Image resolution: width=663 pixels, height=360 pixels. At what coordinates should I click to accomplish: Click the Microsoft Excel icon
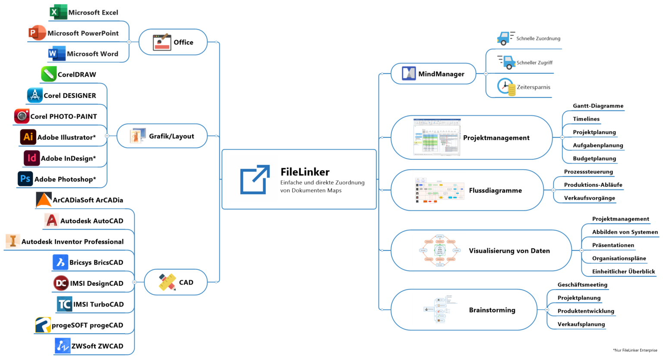pos(58,12)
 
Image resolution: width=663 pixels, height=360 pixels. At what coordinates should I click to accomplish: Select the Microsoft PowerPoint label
pos(83,33)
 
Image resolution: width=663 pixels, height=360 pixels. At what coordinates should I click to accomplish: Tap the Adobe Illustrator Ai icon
pos(28,137)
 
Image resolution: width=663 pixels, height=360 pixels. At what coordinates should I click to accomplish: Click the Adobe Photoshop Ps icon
pos(25,179)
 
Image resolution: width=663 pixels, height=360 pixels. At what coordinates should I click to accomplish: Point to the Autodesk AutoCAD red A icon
pos(51,221)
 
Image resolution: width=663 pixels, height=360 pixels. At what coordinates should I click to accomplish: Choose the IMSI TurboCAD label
pos(98,304)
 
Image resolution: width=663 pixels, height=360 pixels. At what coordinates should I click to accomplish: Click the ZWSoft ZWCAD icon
pos(63,346)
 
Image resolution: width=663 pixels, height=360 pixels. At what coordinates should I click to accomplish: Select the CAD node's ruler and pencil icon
pos(167,282)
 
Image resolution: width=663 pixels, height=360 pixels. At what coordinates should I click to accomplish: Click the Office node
pos(173,42)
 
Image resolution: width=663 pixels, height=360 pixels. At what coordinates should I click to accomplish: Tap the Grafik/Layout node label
pos(171,136)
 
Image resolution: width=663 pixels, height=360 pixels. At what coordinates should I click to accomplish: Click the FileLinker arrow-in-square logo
pos(255,179)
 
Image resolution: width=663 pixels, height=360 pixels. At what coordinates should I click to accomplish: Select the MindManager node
pos(433,74)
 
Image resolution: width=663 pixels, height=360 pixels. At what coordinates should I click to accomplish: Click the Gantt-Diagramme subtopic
pos(598,106)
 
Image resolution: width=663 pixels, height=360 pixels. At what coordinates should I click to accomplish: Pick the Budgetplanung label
pos(594,158)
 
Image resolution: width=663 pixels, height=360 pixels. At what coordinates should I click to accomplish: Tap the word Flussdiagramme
pos(495,190)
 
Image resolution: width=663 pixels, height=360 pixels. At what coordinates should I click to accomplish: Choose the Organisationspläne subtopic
pos(619,258)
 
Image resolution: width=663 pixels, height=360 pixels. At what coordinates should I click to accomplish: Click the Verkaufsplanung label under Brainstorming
pos(581,324)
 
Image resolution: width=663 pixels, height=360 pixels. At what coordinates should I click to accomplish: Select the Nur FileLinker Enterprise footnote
pos(635,350)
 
